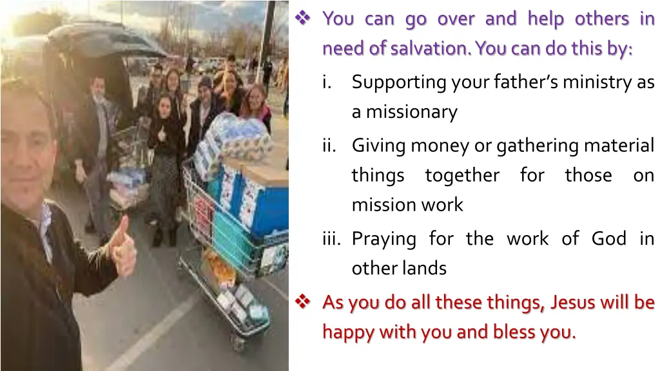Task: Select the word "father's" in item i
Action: pyautogui.click(x=521, y=82)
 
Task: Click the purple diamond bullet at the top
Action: pyautogui.click(x=303, y=19)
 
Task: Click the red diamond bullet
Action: pyautogui.click(x=303, y=301)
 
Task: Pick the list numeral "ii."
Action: pyautogui.click(x=330, y=146)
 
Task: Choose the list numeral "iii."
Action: pyautogui.click(x=332, y=239)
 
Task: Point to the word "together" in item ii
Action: pyautogui.click(x=462, y=175)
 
